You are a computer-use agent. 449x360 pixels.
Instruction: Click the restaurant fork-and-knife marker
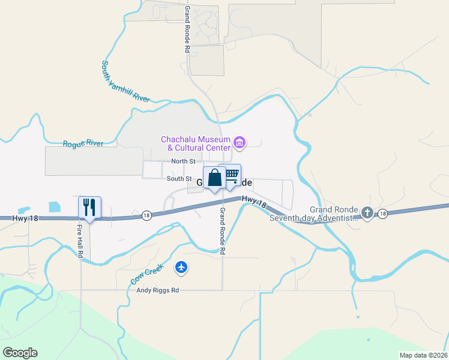(x=90, y=208)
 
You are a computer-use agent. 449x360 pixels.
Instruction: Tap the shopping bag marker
(x=214, y=178)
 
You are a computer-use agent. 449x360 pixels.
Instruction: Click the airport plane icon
(x=182, y=268)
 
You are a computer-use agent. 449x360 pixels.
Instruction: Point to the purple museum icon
(x=240, y=143)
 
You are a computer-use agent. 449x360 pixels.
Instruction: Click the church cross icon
(x=367, y=212)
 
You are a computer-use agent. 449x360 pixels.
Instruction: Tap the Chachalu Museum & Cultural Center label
(x=195, y=143)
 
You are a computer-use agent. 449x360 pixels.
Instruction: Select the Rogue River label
(x=83, y=143)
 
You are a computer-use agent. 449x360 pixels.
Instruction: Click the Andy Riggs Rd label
(x=158, y=290)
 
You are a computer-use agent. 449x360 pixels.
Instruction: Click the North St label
(x=183, y=161)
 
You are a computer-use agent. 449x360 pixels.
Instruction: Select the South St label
(x=179, y=179)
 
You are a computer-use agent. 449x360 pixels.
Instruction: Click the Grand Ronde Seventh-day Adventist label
(x=313, y=214)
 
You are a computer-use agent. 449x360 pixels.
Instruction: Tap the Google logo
(x=20, y=353)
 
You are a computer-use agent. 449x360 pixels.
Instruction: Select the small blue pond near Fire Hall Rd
(x=54, y=206)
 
